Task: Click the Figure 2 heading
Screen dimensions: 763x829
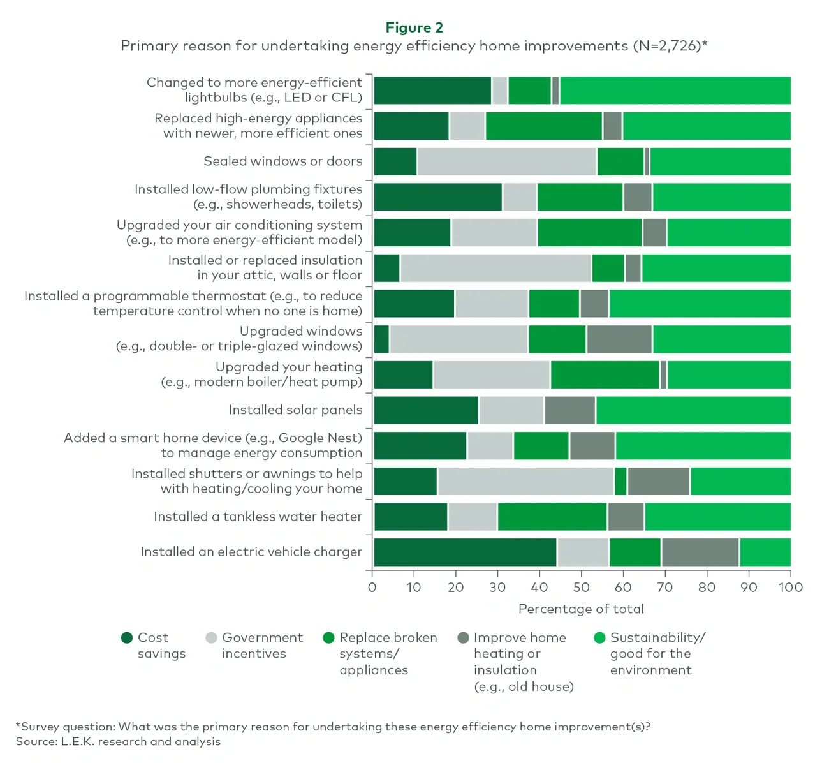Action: point(414,27)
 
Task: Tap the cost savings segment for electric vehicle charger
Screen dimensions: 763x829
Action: point(465,552)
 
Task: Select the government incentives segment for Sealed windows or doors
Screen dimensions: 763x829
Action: point(506,161)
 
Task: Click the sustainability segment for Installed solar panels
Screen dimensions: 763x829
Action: point(693,410)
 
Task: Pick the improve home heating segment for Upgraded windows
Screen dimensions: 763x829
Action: point(619,339)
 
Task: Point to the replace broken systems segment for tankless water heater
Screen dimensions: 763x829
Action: point(552,517)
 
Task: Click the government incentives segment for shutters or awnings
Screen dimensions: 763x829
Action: point(525,481)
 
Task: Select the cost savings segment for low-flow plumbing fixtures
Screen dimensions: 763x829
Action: point(438,196)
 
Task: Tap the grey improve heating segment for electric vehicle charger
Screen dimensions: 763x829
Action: point(700,552)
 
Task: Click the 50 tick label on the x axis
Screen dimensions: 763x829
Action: point(581,588)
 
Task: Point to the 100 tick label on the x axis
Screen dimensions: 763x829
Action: point(790,588)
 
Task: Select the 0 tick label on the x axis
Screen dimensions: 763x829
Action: point(372,588)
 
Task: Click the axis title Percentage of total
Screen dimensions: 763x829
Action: point(581,609)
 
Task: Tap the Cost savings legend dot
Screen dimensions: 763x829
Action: point(127,638)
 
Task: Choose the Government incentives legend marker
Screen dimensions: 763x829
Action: point(212,638)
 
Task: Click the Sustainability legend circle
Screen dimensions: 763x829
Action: point(599,638)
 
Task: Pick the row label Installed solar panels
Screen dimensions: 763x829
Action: point(295,410)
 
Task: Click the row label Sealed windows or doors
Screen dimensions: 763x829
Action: point(282,161)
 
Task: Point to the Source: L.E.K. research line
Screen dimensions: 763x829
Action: point(119,741)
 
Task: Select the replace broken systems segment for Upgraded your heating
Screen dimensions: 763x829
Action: point(605,374)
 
